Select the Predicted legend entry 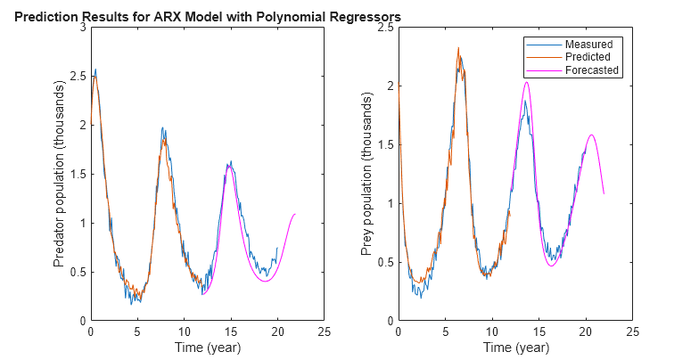(x=588, y=57)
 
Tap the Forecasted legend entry (x=591, y=70)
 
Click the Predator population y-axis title (x=60, y=175)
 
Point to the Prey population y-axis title (x=366, y=175)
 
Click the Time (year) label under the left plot (x=207, y=347)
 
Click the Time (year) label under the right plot (x=514, y=347)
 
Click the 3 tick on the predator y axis (x=83, y=28)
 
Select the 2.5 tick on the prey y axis (x=386, y=28)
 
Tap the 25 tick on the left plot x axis (x=325, y=331)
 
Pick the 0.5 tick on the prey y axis (x=386, y=262)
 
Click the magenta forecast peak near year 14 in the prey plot (x=527, y=82)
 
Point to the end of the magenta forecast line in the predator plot (x=295, y=214)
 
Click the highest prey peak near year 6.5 (x=458, y=48)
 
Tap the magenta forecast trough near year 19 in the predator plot (x=266, y=281)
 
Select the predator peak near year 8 (x=162, y=127)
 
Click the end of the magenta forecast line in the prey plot (x=604, y=193)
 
